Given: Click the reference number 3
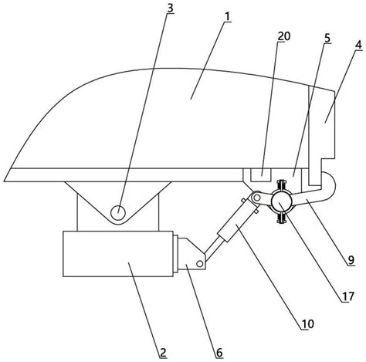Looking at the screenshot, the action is [170, 8].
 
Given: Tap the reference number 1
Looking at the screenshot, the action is [227, 17].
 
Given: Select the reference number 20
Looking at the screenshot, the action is [283, 36].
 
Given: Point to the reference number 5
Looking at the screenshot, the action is [327, 39].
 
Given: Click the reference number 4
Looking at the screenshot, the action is [358, 45].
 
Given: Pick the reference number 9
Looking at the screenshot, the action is [351, 260].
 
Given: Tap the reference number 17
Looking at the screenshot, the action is [348, 296].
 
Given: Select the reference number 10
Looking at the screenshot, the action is [308, 324].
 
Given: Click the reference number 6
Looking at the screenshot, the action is [219, 353].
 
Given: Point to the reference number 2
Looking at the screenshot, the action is [163, 353].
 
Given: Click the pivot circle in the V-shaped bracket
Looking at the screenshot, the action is [118, 213].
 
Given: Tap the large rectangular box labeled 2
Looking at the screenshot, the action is [118, 254].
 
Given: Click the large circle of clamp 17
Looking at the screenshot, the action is [281, 201].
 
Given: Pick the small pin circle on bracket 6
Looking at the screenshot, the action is [199, 264].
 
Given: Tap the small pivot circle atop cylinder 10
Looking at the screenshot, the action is [256, 198].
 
